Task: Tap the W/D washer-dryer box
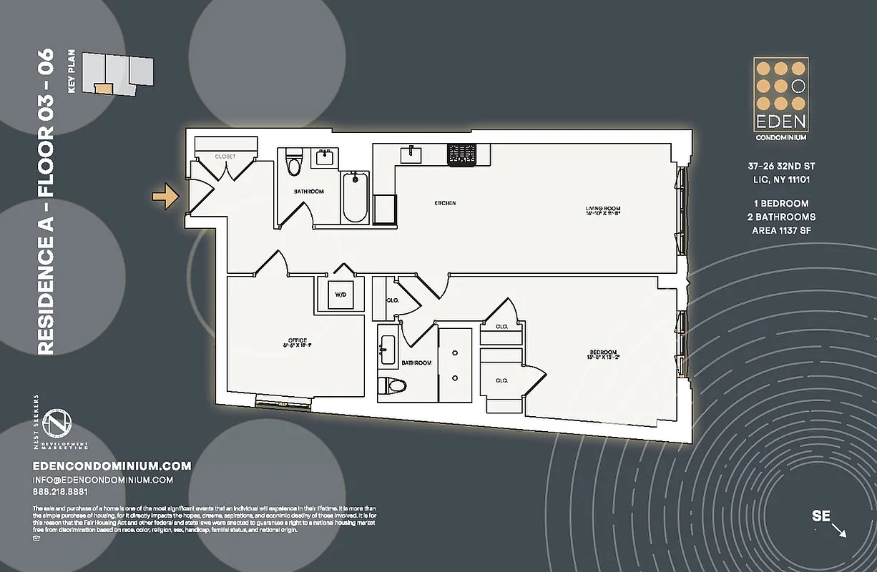coord(340,294)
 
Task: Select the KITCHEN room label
coord(445,204)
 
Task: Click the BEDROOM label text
coord(603,353)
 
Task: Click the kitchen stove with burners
coord(462,154)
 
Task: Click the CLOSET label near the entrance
coord(225,157)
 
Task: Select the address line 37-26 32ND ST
coord(780,166)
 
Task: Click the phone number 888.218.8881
coord(60,492)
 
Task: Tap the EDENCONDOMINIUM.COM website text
coord(112,466)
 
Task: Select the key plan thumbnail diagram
coord(118,74)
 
